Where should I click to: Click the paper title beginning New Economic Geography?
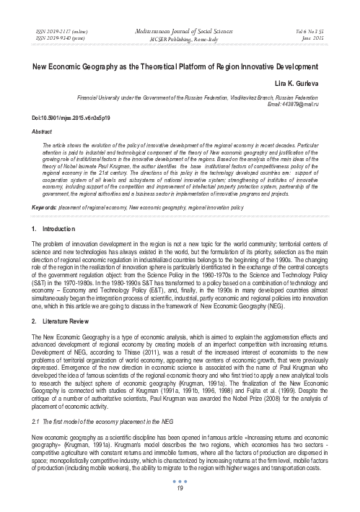point(180,66)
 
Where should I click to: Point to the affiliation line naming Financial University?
point(216,95)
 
